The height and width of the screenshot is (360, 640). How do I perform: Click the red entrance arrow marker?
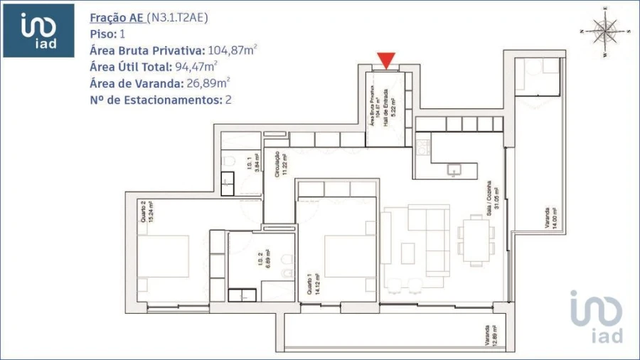pyautogui.click(x=386, y=60)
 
